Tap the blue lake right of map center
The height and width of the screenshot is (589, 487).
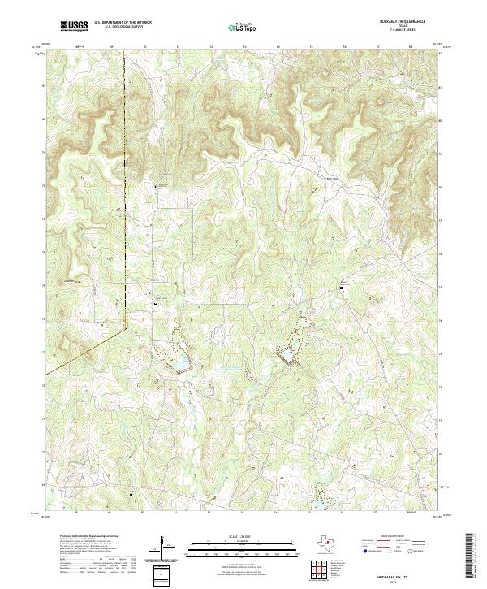(x=285, y=355)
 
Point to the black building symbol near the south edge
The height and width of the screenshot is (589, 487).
(x=131, y=493)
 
